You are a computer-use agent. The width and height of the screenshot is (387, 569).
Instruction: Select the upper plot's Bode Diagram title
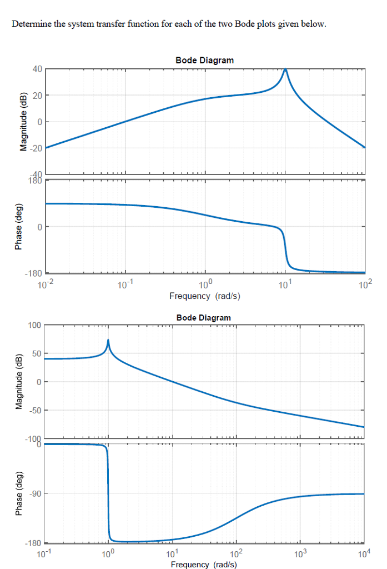tap(204, 60)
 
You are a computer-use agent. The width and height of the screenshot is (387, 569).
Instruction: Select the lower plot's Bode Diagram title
tap(204, 317)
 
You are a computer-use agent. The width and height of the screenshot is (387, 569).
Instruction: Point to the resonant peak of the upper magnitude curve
tap(285, 70)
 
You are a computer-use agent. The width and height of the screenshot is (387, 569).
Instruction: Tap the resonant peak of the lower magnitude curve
tap(108, 340)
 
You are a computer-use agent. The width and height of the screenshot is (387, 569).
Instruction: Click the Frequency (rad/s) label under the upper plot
tap(204, 296)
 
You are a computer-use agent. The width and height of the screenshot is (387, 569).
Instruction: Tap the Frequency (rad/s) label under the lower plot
tap(204, 565)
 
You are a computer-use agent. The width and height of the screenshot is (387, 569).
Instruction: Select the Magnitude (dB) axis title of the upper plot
tap(23, 122)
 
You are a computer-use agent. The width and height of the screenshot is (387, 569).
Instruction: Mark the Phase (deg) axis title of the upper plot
tap(23, 227)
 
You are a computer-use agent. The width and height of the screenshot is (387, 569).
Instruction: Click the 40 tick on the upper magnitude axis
tap(37, 69)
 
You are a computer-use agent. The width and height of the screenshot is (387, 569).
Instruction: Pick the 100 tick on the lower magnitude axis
tap(34, 325)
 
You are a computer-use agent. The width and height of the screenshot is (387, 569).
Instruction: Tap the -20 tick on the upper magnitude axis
tap(35, 148)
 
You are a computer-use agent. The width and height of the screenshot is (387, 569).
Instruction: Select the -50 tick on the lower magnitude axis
tap(34, 410)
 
